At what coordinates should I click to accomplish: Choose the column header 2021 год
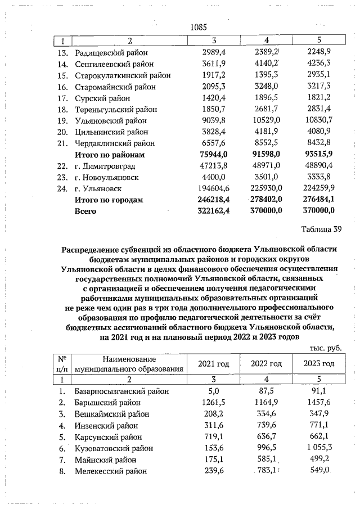[213, 364]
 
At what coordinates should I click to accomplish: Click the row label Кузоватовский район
[113, 448]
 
